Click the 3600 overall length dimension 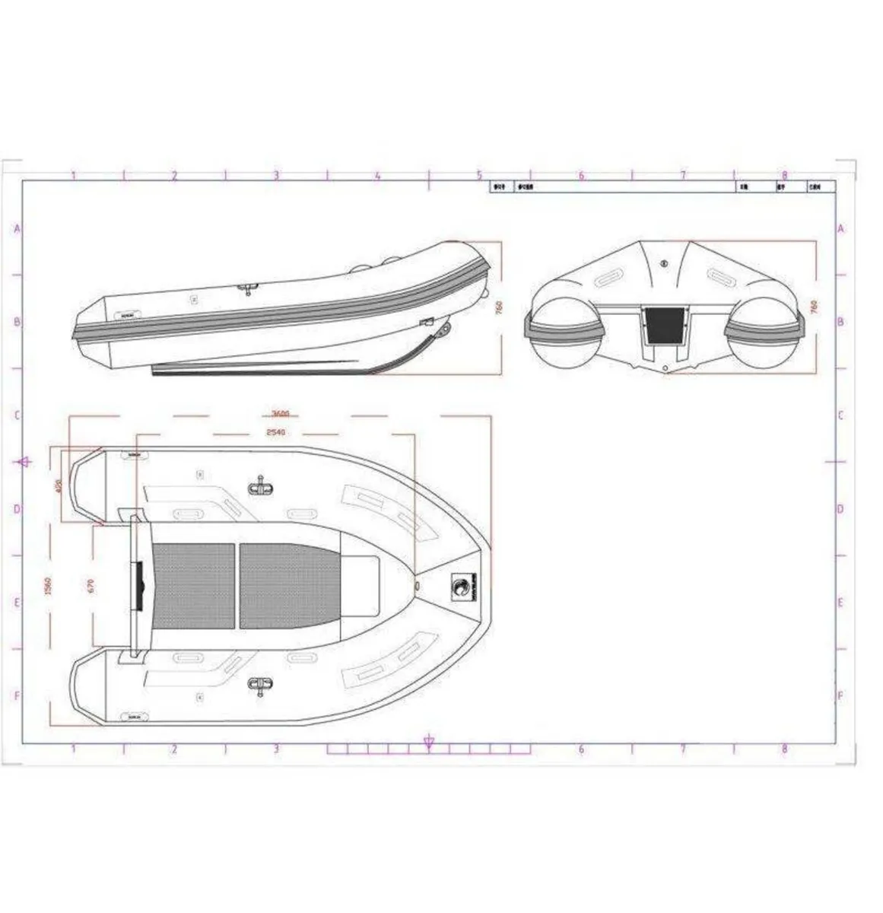[280, 415]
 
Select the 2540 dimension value [275, 432]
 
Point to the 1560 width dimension [48, 586]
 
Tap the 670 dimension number [91, 586]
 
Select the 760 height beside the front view [814, 307]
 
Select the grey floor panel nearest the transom [194, 586]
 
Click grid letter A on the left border [17, 228]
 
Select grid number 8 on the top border [785, 176]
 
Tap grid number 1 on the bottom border [73, 749]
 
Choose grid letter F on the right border [840, 696]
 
